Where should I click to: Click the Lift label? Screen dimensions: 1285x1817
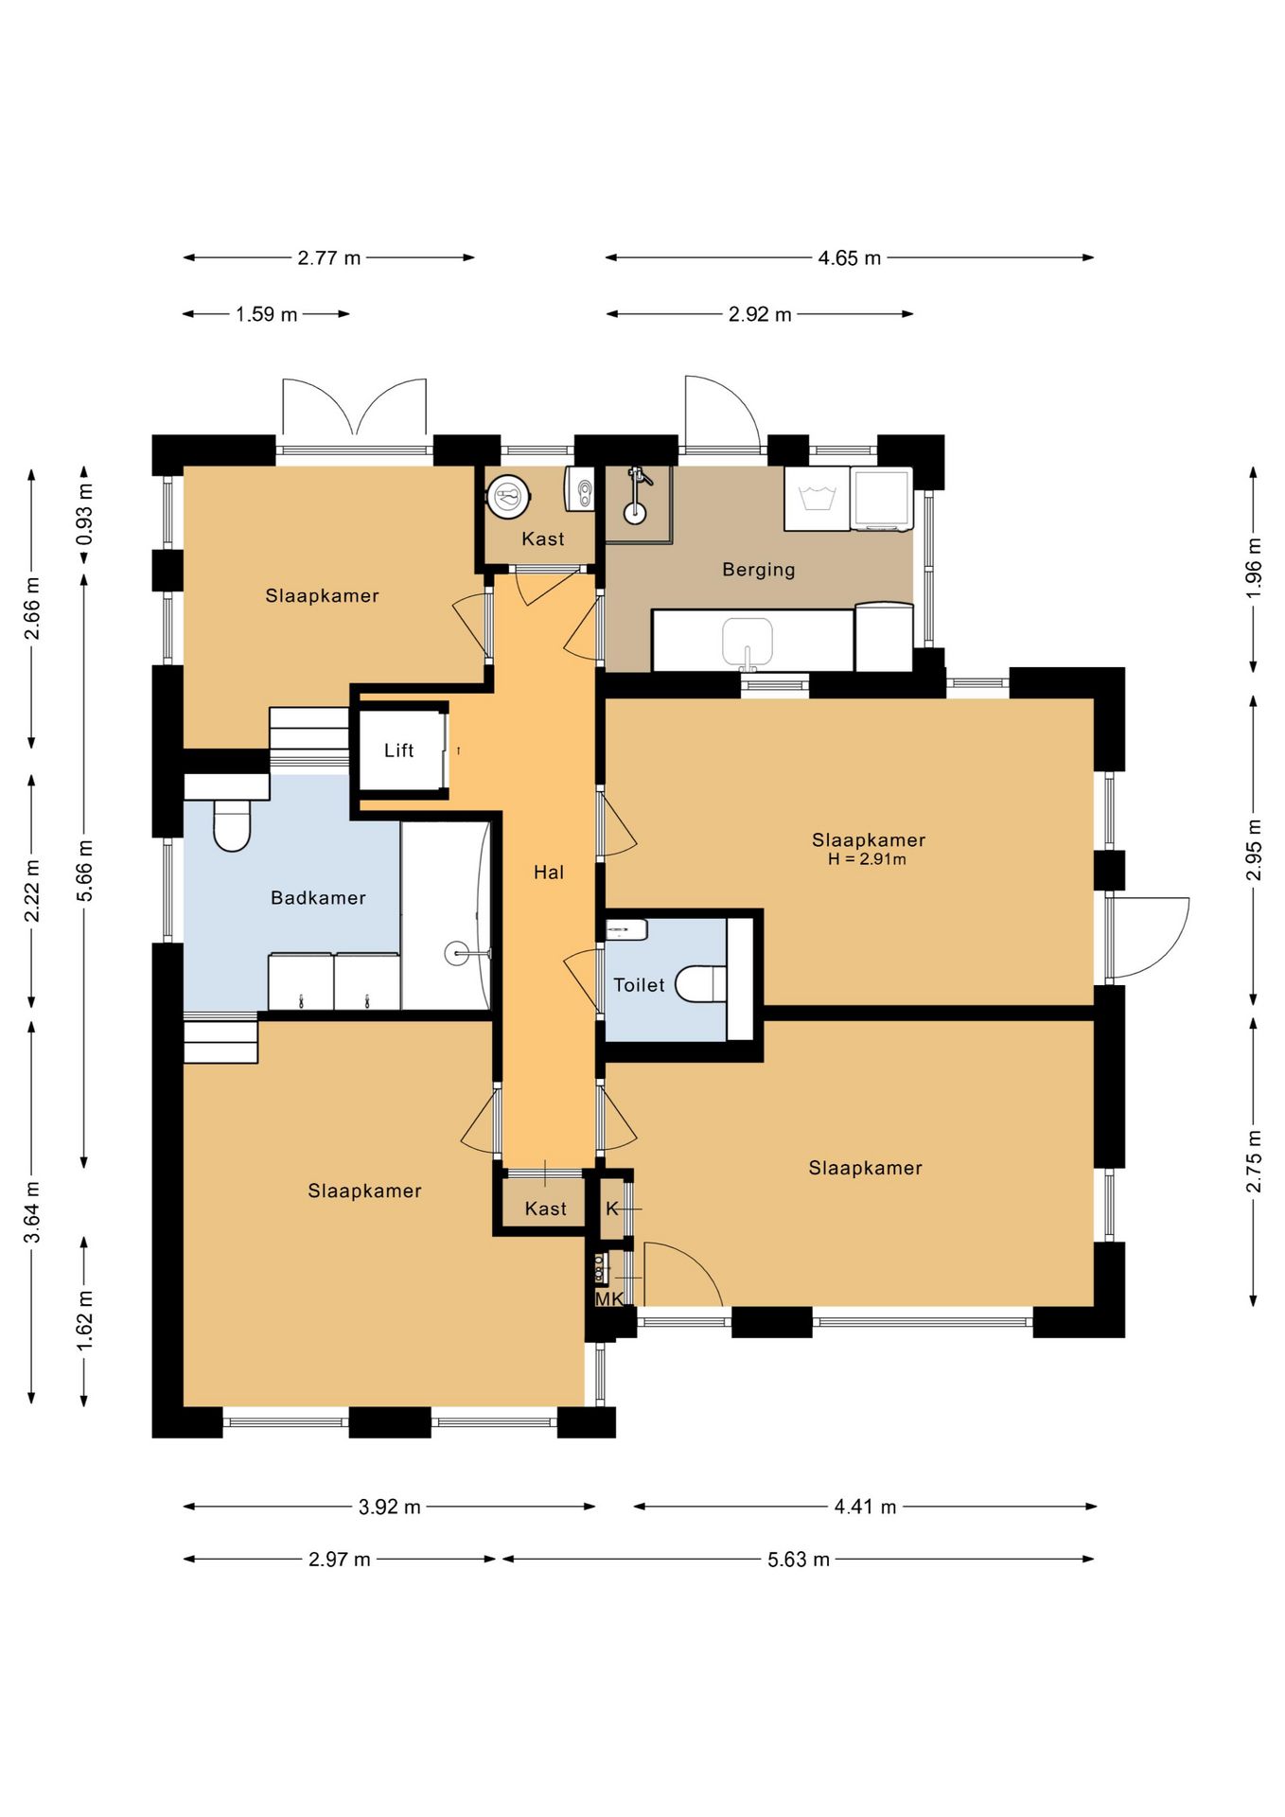pyautogui.click(x=398, y=750)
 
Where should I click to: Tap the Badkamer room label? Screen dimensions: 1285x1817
pyautogui.click(x=318, y=898)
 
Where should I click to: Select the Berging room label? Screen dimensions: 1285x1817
pyautogui.click(x=759, y=570)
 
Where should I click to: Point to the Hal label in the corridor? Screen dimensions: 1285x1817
pyautogui.click(x=549, y=873)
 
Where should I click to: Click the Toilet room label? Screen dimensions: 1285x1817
pyautogui.click(x=640, y=985)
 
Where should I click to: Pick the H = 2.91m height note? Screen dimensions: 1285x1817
pyautogui.click(x=867, y=859)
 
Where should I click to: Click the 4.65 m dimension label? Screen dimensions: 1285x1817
pyautogui.click(x=850, y=257)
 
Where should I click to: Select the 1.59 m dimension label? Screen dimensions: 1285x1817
pyautogui.click(x=267, y=314)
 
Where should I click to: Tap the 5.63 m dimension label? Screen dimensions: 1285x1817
pyautogui.click(x=799, y=1560)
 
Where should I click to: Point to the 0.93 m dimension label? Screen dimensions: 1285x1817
pyautogui.click(x=84, y=514)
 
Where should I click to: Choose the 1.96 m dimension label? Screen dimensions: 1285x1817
pyautogui.click(x=1254, y=568)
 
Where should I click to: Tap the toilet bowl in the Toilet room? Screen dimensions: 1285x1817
pyautogui.click(x=701, y=984)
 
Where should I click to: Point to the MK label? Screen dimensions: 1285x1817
pyautogui.click(x=609, y=1299)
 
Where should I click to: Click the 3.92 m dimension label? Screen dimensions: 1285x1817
pyautogui.click(x=390, y=1507)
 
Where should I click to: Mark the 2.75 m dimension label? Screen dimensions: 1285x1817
pyautogui.click(x=1254, y=1161)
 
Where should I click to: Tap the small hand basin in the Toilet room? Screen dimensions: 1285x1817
pyautogui.click(x=626, y=930)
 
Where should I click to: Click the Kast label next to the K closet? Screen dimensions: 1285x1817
pyautogui.click(x=546, y=1208)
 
